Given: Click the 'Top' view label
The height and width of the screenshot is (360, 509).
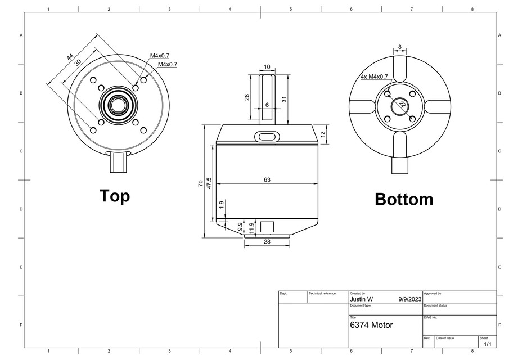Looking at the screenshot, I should [x=115, y=196].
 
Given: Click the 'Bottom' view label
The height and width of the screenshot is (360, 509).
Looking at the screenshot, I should [x=404, y=199].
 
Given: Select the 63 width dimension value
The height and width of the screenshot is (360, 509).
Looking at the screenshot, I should [x=267, y=179].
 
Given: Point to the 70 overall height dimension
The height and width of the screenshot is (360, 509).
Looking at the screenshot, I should [x=201, y=184].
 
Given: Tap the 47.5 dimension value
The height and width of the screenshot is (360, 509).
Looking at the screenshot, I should [x=209, y=183].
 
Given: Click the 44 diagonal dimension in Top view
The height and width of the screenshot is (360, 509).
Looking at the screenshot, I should [x=70, y=57].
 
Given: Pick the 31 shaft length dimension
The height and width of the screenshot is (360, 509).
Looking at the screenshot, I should [x=285, y=99].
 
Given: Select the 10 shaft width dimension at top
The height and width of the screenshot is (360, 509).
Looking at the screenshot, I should [x=267, y=67].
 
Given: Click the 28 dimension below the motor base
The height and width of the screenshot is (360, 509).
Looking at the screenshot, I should [x=267, y=241].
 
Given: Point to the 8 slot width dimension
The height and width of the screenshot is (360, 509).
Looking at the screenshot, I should [x=400, y=47].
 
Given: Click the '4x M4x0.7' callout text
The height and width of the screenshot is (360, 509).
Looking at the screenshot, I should [x=375, y=76].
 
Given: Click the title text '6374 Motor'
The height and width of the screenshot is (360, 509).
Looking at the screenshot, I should [x=371, y=325].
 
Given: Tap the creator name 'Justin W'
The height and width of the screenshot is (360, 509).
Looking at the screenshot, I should [x=362, y=299].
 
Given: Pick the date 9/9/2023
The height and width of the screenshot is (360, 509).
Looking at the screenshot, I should [x=409, y=299].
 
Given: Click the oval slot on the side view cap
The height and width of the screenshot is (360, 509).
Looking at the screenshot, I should [x=267, y=136].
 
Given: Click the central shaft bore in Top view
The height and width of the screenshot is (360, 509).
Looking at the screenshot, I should [x=118, y=105].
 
